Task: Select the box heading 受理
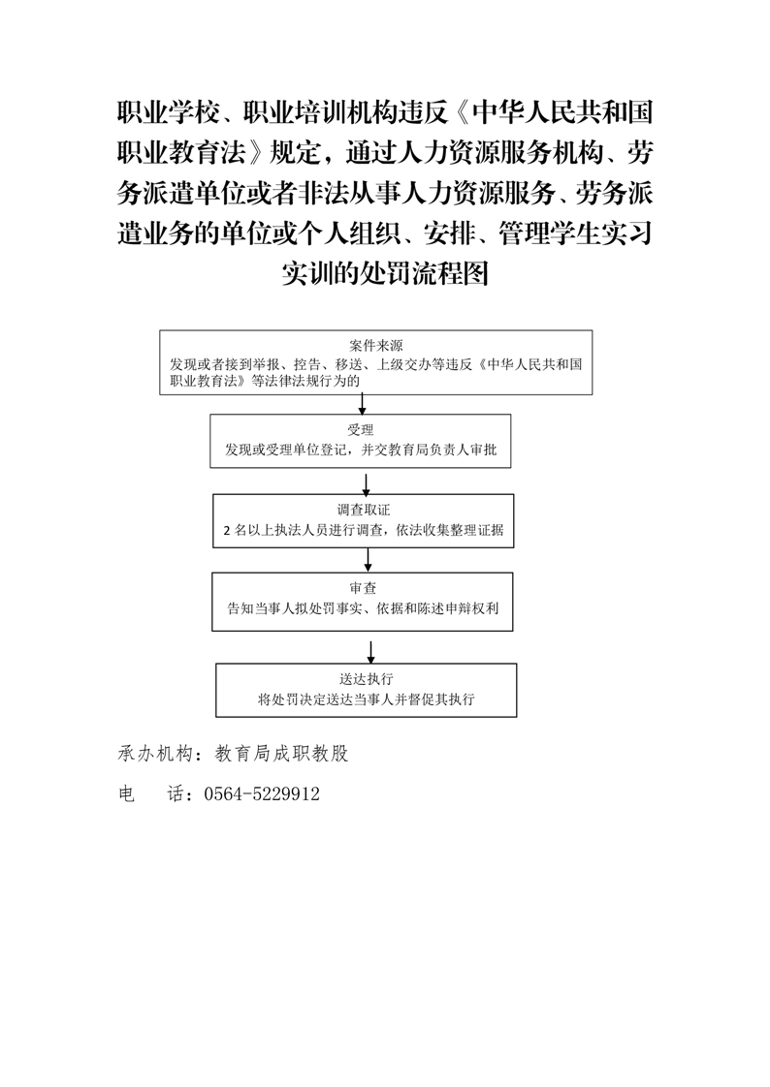pyautogui.click(x=361, y=430)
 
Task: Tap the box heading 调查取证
pyautogui.click(x=365, y=511)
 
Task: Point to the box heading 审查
pyautogui.click(x=363, y=589)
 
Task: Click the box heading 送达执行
pyautogui.click(x=367, y=679)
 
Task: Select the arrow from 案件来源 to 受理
pyautogui.click(x=362, y=405)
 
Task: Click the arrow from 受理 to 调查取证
pyautogui.click(x=367, y=483)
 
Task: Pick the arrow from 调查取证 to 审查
pyautogui.click(x=368, y=560)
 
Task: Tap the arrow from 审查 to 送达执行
pyautogui.click(x=371, y=652)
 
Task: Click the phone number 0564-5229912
pyautogui.click(x=262, y=794)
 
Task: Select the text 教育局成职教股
pyautogui.click(x=281, y=755)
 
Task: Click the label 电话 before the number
pyautogui.click(x=151, y=794)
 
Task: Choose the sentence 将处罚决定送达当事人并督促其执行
pyautogui.click(x=367, y=699)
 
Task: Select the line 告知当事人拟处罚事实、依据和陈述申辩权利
pyautogui.click(x=363, y=608)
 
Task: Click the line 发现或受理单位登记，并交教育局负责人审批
pyautogui.click(x=361, y=450)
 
